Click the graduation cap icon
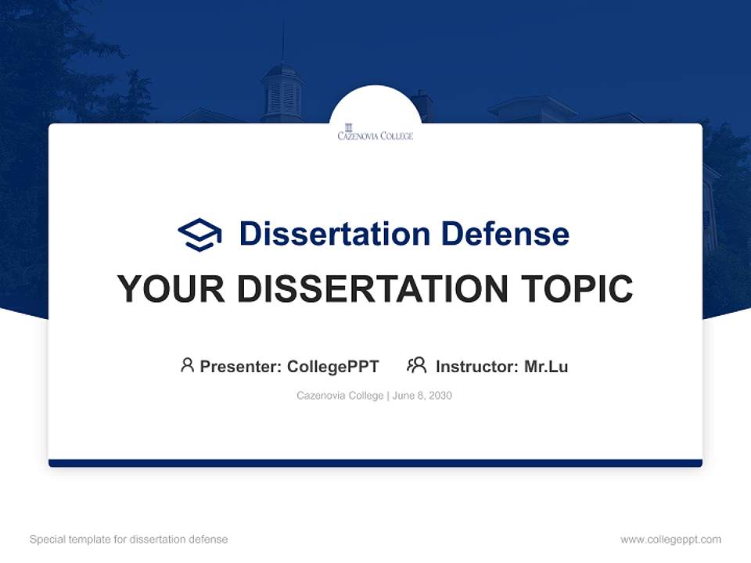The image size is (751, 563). coord(199,234)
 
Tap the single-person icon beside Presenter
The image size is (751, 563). coord(187,365)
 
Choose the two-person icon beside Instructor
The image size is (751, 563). coord(417,365)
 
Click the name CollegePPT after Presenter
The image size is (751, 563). coord(332,367)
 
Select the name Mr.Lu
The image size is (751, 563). coord(546,367)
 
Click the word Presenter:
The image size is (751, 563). coord(241,367)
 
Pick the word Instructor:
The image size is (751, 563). coord(477,367)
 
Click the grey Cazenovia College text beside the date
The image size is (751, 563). coord(340,396)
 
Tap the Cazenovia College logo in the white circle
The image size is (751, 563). coord(375,132)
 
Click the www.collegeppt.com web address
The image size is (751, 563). coord(670,540)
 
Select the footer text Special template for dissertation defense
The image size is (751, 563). coord(129,540)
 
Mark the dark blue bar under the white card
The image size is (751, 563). coord(375,463)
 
